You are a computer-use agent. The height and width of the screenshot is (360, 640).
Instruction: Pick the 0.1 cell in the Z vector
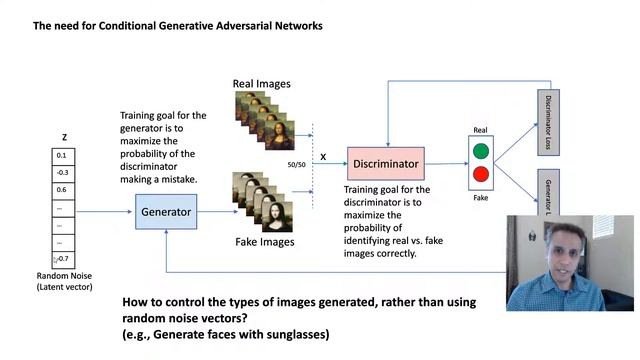click(x=62, y=155)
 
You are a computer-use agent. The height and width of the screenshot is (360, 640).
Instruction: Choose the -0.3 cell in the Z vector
click(x=62, y=172)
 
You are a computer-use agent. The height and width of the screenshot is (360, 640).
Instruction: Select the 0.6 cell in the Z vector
click(x=62, y=190)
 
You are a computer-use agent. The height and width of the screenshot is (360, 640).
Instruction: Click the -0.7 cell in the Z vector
click(x=63, y=259)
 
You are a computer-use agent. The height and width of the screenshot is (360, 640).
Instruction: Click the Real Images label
click(x=262, y=84)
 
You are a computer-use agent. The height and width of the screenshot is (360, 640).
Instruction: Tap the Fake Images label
click(x=263, y=241)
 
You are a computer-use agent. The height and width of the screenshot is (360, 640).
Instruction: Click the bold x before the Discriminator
click(x=323, y=157)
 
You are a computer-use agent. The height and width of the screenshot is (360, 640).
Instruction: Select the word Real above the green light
click(x=479, y=130)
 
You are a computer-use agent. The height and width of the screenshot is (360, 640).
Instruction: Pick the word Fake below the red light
click(x=480, y=198)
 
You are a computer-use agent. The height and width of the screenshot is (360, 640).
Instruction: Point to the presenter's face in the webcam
click(x=567, y=254)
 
